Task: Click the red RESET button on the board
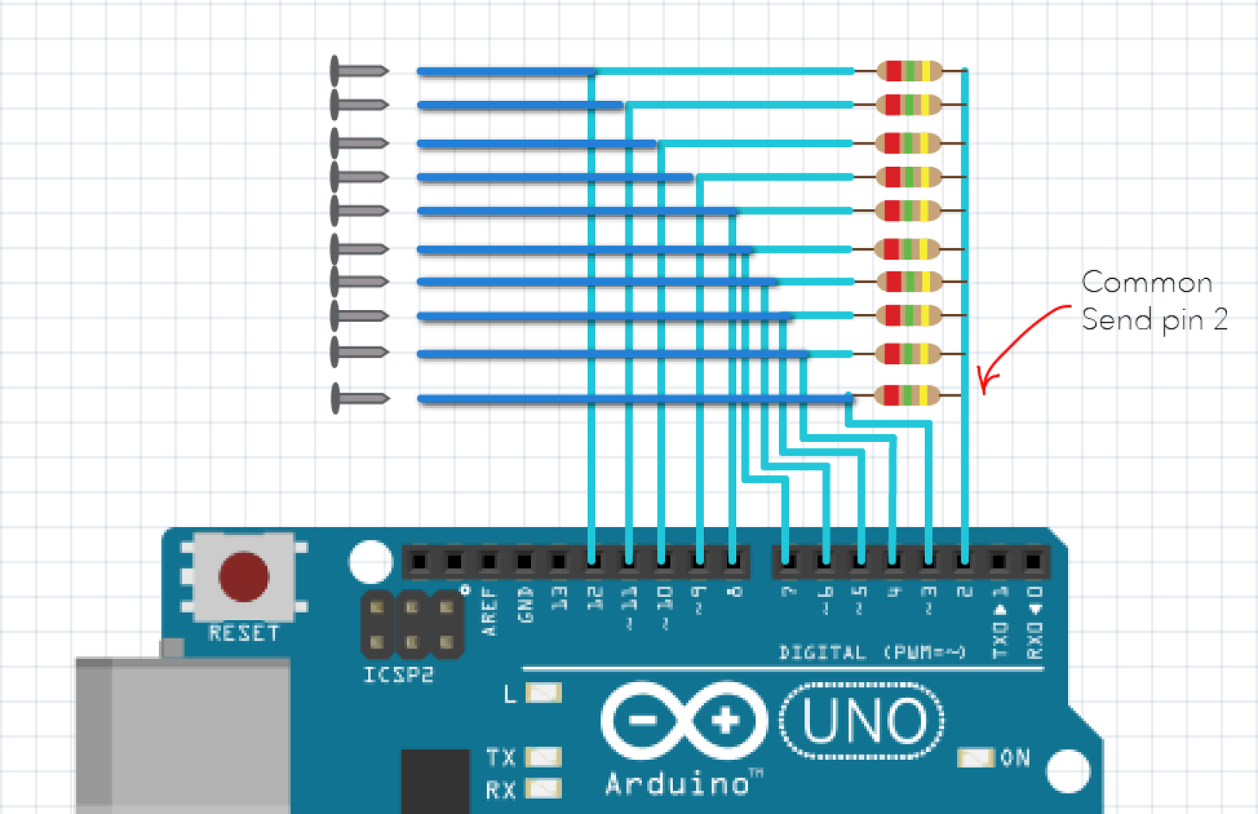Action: click(243, 576)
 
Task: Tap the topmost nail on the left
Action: click(359, 71)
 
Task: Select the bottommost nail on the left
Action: click(360, 398)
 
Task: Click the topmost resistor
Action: click(909, 71)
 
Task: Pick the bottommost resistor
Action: click(907, 395)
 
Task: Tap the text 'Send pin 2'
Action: click(1154, 320)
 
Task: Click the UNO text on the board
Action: click(864, 721)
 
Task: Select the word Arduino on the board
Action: click(677, 785)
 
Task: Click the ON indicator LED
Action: click(976, 758)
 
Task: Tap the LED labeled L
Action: click(544, 693)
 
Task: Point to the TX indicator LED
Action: click(544, 757)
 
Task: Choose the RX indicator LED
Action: click(544, 789)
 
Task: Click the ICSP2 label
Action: click(398, 675)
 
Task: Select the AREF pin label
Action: click(489, 611)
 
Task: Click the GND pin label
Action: click(524, 605)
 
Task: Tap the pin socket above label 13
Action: click(559, 562)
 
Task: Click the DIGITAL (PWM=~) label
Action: click(872, 653)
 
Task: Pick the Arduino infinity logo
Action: click(684, 721)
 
